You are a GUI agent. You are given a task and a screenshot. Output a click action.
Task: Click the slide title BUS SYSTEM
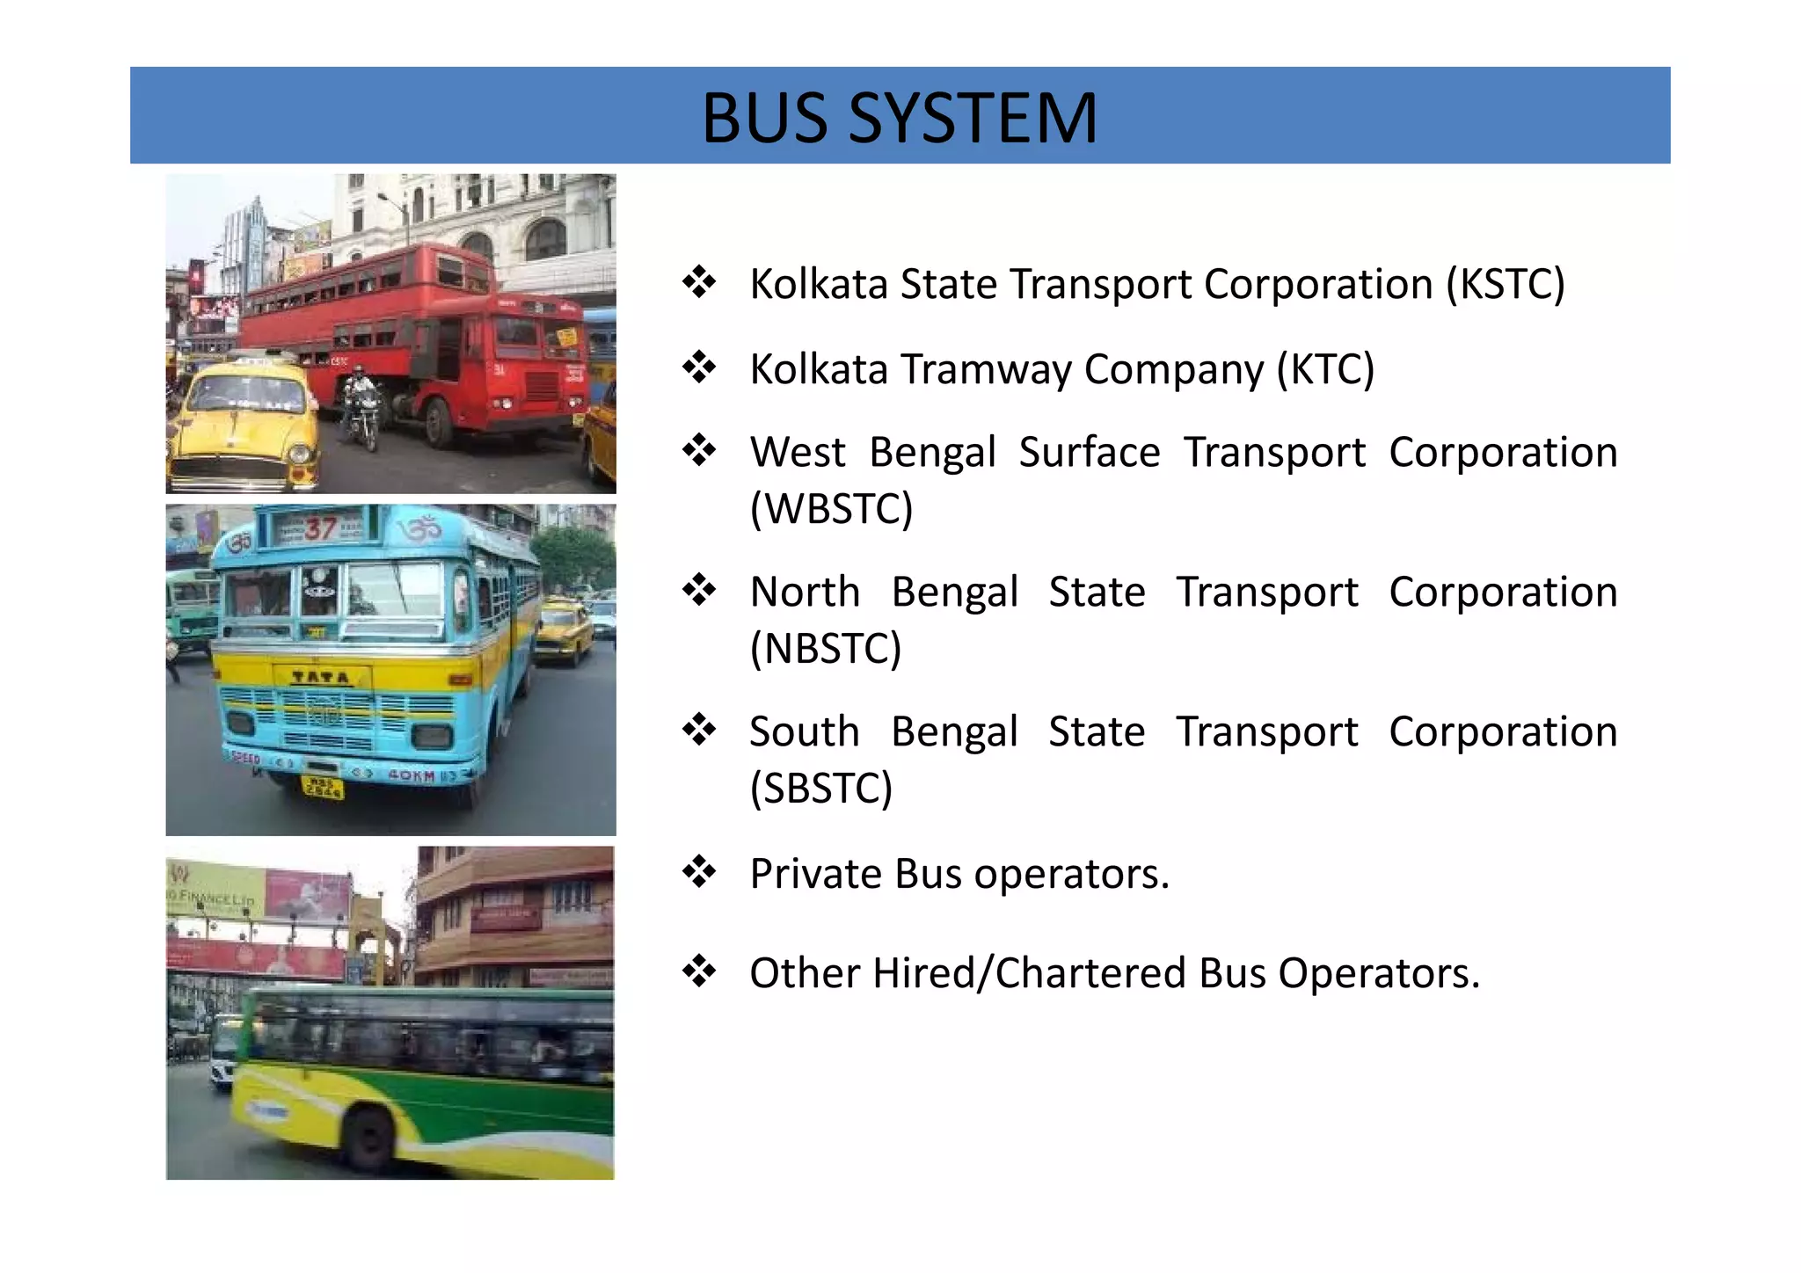click(899, 118)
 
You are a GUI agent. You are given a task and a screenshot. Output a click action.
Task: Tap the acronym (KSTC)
click(1506, 285)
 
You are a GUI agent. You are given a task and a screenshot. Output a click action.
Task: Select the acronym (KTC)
click(1325, 369)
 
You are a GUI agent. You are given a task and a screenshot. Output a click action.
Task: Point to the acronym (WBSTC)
click(831, 509)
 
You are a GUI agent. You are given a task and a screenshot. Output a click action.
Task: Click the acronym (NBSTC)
click(826, 649)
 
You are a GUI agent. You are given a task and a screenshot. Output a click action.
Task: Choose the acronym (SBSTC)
click(820, 788)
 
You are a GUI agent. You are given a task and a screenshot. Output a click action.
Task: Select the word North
click(805, 592)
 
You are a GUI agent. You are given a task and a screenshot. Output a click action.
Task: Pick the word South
click(804, 731)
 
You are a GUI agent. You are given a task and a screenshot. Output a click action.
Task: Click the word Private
click(815, 874)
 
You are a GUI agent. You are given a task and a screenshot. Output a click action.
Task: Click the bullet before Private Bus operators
click(699, 872)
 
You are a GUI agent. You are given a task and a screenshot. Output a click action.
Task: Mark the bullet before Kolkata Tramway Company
click(699, 367)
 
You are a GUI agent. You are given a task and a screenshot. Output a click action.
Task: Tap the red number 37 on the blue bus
click(320, 528)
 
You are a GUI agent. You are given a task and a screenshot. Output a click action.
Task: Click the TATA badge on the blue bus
click(320, 677)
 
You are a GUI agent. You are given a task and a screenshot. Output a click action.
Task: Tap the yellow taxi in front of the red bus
click(242, 422)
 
